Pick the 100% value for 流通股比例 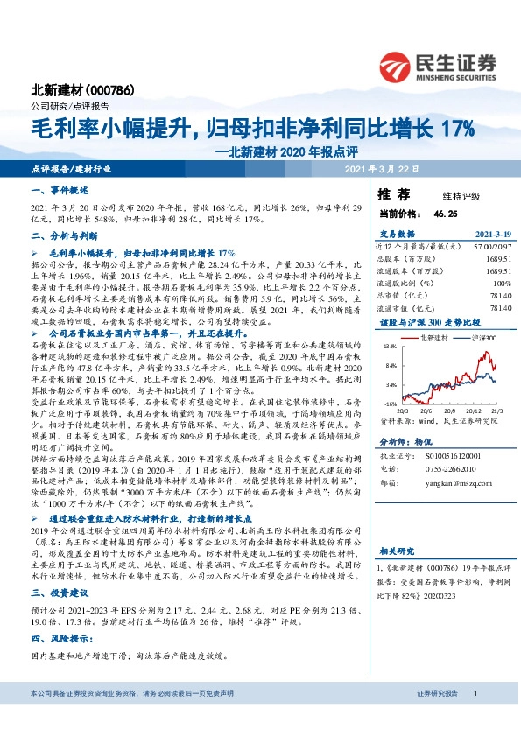tap(501, 283)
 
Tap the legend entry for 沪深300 tap(480, 337)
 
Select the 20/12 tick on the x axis tap(456, 409)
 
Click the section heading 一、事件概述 tap(55, 189)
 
